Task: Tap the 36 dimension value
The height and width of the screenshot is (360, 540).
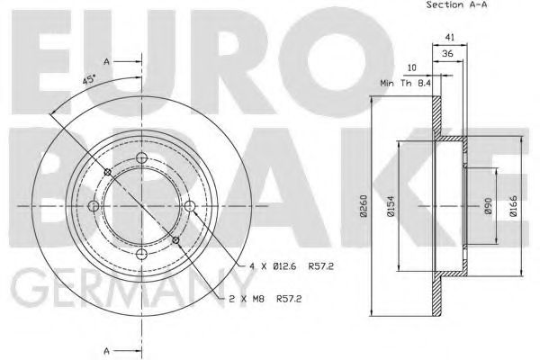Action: coord(447,54)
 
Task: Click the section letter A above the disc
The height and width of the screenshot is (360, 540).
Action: coord(106,61)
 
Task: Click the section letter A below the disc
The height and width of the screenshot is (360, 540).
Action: coord(106,350)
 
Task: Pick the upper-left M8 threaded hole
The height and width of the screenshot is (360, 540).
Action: coord(107,173)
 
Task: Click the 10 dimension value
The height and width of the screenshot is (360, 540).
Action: coord(412,67)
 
